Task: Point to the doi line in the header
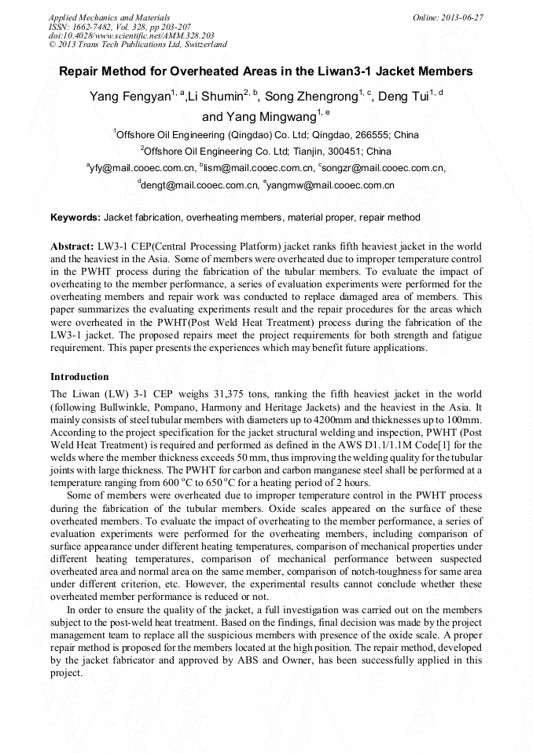(x=131, y=35)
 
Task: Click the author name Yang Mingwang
(x=259, y=117)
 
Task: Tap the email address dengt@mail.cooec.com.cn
(x=200, y=186)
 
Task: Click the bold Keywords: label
(x=75, y=217)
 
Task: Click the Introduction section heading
(x=79, y=377)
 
